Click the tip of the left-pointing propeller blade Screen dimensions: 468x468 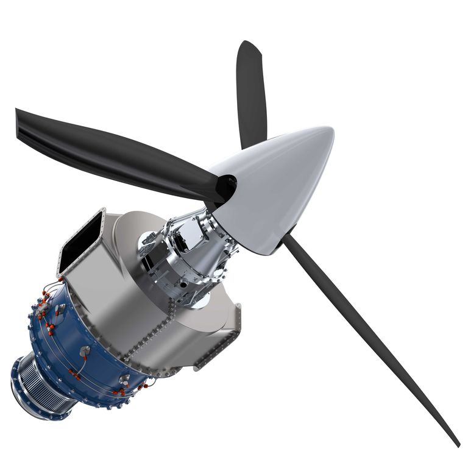tap(18, 112)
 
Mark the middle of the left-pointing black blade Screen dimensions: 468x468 tap(116, 146)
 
